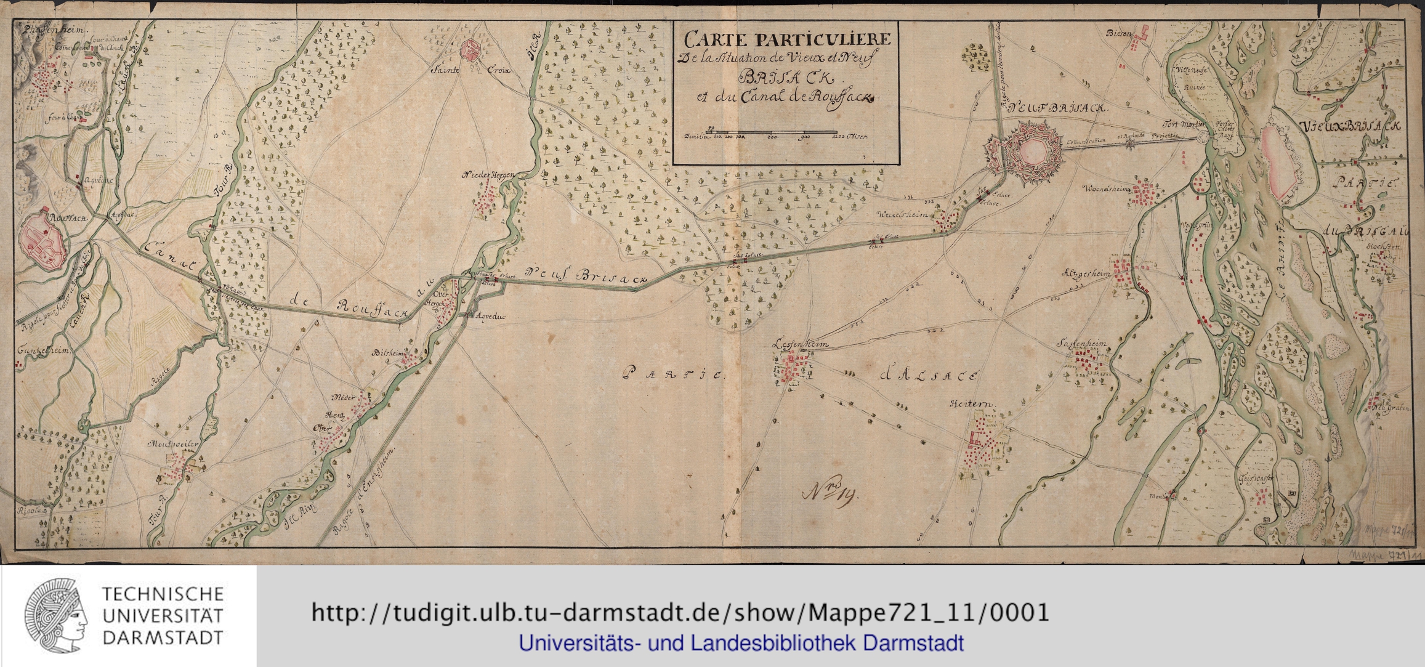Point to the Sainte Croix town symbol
pyautogui.click(x=473, y=51)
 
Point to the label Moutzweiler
pyautogui.click(x=171, y=443)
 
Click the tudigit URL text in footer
pyautogui.click(x=680, y=613)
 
